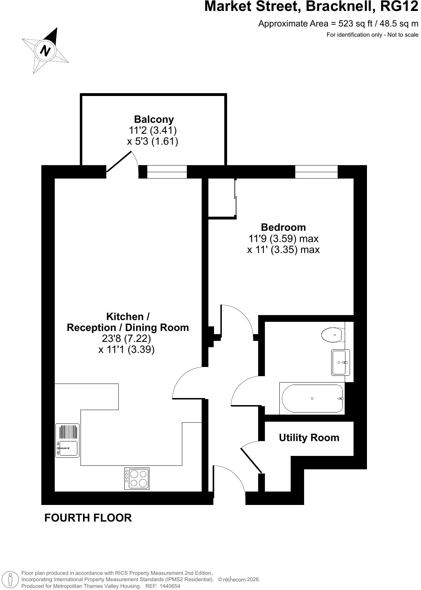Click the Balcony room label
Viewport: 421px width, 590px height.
(x=154, y=119)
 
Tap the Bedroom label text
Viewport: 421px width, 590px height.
(x=283, y=227)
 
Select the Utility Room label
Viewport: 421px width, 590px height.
(x=309, y=438)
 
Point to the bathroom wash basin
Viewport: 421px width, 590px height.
(x=340, y=362)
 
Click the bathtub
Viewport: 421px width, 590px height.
(x=312, y=398)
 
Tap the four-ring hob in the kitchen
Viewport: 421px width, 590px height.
(x=137, y=478)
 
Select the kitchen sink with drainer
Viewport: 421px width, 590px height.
(x=67, y=440)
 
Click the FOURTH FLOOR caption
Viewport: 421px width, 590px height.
(x=88, y=518)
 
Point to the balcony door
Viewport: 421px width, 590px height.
(x=119, y=161)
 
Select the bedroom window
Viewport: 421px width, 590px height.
(x=316, y=172)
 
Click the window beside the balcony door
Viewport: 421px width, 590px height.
(x=167, y=172)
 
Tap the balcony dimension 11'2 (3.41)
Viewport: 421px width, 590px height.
(x=152, y=130)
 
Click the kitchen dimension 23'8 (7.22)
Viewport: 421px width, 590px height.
(x=126, y=338)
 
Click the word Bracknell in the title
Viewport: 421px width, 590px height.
(x=340, y=6)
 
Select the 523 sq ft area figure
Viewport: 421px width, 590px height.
(x=355, y=24)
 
